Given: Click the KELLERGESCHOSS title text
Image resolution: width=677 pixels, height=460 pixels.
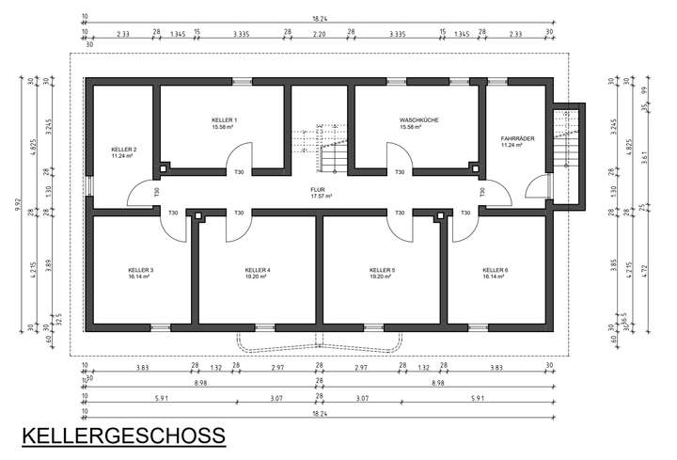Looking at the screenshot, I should (123, 436).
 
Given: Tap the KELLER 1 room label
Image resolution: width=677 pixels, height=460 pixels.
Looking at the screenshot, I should (224, 121).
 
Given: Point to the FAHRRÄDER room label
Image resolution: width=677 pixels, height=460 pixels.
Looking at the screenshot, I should (517, 138).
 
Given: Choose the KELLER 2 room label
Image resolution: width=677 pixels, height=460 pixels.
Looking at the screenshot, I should (123, 150).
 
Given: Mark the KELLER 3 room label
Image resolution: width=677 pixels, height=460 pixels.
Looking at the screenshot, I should (140, 270).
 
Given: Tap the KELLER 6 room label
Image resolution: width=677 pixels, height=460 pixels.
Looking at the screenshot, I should (495, 270).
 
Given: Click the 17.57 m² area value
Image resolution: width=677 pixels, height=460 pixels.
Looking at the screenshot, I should (323, 196).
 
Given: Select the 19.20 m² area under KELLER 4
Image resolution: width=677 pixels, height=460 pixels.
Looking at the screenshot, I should (257, 278).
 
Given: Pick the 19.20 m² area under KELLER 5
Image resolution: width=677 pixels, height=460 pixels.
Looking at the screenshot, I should (382, 278).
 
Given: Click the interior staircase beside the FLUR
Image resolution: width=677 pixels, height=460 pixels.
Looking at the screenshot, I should (334, 151).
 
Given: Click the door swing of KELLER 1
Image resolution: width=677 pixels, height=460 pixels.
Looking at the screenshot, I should (240, 158).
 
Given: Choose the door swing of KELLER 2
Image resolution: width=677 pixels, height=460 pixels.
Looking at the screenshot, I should (141, 194).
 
